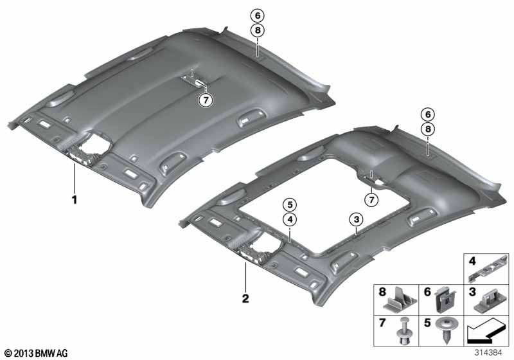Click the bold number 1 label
coord(75,199)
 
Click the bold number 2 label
coord(245,299)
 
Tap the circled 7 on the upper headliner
coord(206,100)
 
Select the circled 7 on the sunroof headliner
coord(371,199)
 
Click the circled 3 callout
coord(357,219)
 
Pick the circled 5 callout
coord(290,205)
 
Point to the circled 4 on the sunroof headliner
coord(290,220)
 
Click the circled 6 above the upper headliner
coord(258,15)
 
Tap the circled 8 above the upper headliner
coord(258,30)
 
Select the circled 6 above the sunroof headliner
coord(428,114)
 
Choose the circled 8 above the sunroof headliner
coord(428,129)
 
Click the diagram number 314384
coord(488,352)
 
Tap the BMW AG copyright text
coord(37,353)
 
